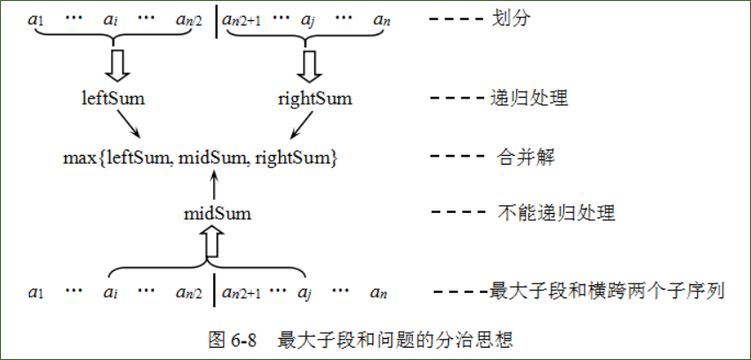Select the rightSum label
tap(315, 99)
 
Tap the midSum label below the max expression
tap(217, 213)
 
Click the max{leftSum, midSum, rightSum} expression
tap(201, 158)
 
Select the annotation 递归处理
tap(528, 99)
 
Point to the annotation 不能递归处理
tap(543, 213)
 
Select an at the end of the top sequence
tap(380, 19)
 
